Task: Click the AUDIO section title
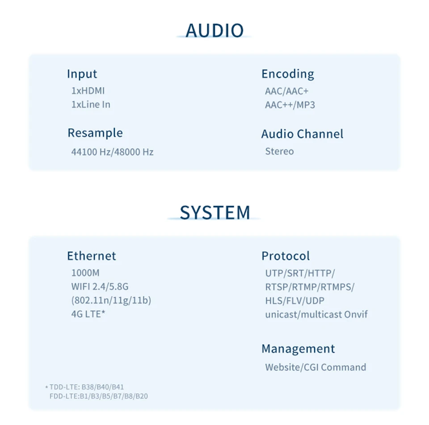214,30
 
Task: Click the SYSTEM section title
214,212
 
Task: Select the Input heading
82,74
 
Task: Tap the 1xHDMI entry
88,91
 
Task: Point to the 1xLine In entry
91,105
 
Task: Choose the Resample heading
95,133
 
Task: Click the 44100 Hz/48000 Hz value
112,152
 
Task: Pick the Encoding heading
288,74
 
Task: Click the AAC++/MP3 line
290,105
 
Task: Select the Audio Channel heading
302,134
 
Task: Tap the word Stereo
279,151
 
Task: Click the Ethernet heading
91,256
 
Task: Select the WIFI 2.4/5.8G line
100,286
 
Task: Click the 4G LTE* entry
88,314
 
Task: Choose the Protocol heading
286,256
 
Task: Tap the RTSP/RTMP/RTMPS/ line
310,287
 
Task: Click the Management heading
298,348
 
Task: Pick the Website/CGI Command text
315,367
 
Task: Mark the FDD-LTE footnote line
99,396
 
